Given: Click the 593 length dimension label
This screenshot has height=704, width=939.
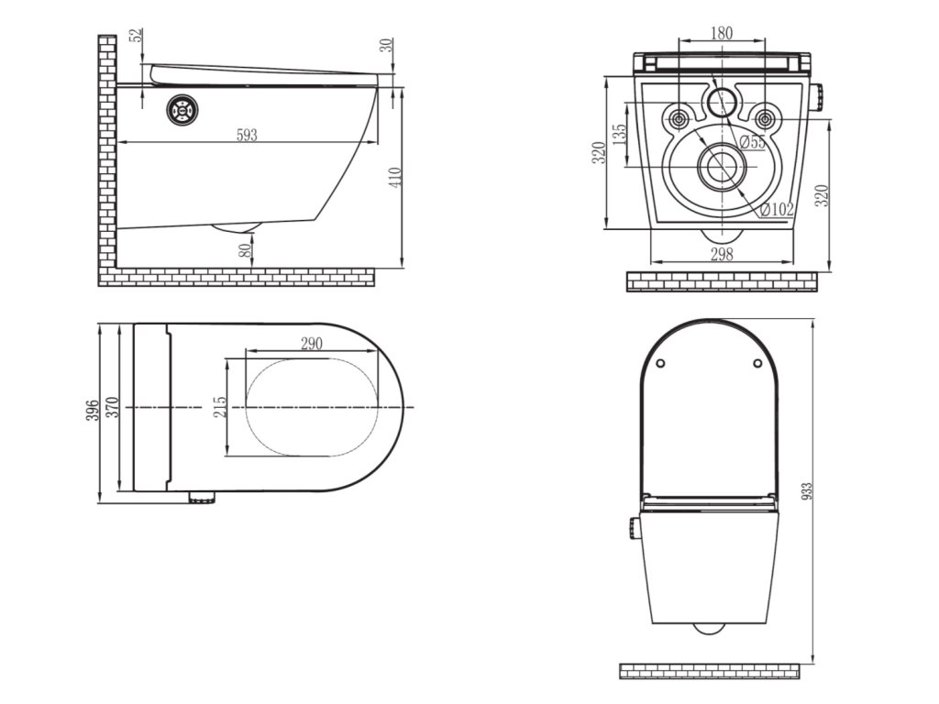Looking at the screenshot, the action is pyautogui.click(x=247, y=135).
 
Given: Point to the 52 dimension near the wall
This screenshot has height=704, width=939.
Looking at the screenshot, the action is pyautogui.click(x=137, y=36).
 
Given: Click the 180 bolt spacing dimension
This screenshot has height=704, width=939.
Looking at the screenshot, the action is pyautogui.click(x=722, y=33).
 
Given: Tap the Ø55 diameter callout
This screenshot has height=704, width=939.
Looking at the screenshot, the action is pyautogui.click(x=753, y=141).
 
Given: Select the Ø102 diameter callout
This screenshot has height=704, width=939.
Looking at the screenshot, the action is pyautogui.click(x=776, y=209).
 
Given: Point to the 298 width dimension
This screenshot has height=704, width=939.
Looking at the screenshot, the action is pyautogui.click(x=722, y=255).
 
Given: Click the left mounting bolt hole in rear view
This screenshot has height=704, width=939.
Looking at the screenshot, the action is pyautogui.click(x=679, y=118).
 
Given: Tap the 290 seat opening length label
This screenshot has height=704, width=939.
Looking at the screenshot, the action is pyautogui.click(x=312, y=345).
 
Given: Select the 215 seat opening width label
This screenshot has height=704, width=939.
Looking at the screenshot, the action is pyautogui.click(x=220, y=407).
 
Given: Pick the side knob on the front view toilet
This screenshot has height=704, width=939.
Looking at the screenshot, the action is pyautogui.click(x=633, y=529).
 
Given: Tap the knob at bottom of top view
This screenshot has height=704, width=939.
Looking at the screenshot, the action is pyautogui.click(x=203, y=498).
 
